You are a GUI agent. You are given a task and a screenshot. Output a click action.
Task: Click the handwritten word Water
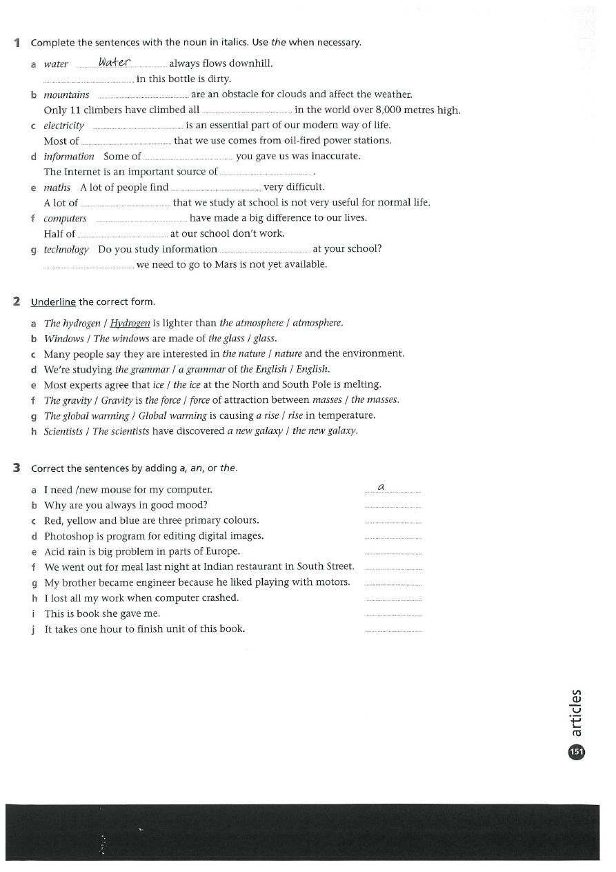point(115,63)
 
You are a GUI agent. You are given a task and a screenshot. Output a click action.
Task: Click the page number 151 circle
point(576,752)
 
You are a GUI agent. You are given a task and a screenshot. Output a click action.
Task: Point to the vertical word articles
point(577,713)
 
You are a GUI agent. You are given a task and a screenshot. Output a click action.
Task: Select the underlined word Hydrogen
point(130,323)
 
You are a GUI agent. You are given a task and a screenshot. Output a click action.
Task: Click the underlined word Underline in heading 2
point(53,302)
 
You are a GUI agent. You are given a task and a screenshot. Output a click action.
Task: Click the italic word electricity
point(64,126)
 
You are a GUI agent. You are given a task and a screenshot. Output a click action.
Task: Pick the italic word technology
point(66,250)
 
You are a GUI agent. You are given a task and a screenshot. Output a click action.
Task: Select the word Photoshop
point(66,536)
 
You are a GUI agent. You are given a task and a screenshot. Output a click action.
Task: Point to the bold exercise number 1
point(17,43)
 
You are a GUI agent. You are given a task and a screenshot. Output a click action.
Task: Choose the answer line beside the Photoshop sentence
point(392,538)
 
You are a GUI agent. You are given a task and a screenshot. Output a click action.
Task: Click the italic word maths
point(57,188)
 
